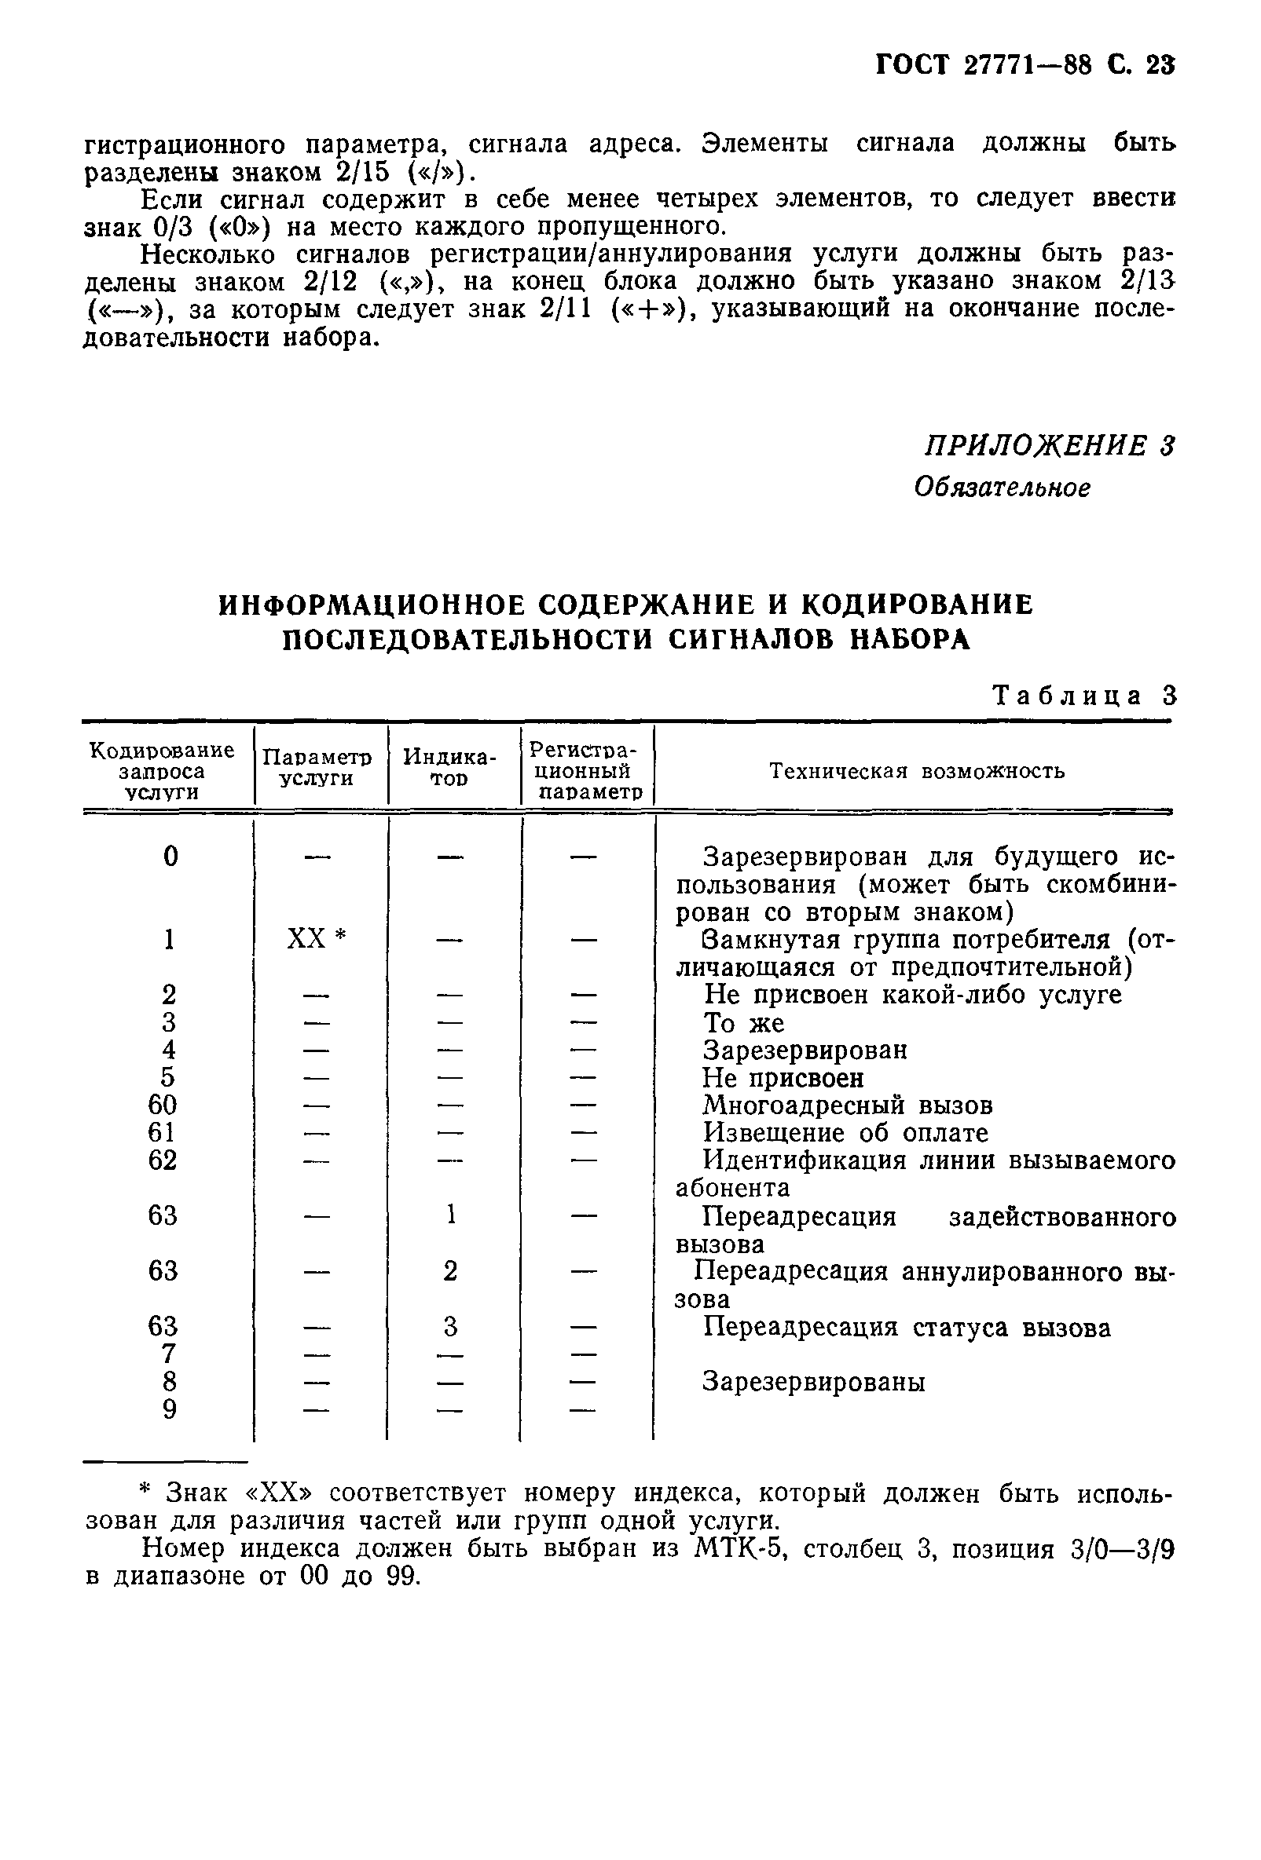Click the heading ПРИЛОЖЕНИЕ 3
[x=1050, y=445]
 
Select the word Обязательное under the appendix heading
[x=1002, y=488]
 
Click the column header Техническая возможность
[x=917, y=771]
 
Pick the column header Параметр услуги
[x=317, y=768]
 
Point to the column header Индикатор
[x=449, y=768]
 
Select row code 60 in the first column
[x=163, y=1105]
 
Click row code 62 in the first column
[x=163, y=1160]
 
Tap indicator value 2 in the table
[x=450, y=1270]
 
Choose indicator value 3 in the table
[x=450, y=1327]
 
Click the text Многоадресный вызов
[x=847, y=1106]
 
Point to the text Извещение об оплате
[x=845, y=1133]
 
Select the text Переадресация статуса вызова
[x=907, y=1328]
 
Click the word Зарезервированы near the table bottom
[x=813, y=1382]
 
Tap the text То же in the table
[x=743, y=1023]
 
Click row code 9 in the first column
[x=169, y=1409]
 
